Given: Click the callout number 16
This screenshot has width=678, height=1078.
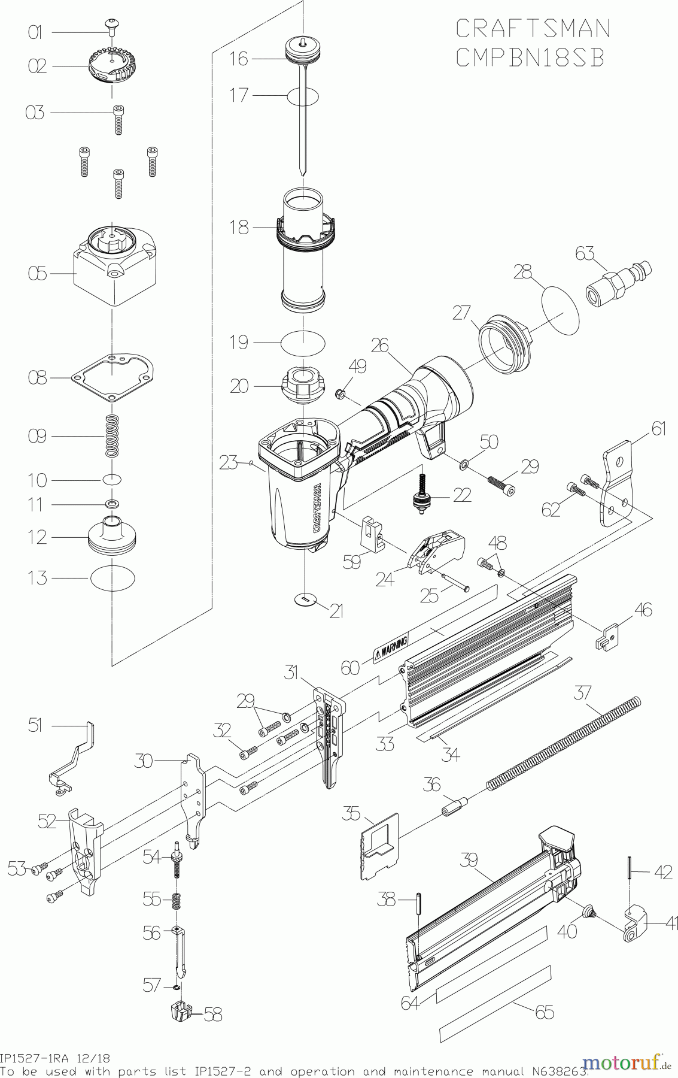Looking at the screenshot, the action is coord(239,59).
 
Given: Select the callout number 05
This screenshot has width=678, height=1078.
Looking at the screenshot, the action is coord(37,274).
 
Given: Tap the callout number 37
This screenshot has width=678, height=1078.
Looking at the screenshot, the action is coord(582,694).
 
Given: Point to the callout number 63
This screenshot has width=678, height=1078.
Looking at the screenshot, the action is coord(585,253).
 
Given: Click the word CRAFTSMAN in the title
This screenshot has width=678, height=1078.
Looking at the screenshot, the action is coord(533,28).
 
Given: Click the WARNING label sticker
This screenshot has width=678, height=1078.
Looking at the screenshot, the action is coord(391,649).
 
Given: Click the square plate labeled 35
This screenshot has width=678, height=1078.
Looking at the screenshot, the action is coord(379,846).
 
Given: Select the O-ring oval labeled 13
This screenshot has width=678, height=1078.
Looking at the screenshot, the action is coord(113,579).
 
